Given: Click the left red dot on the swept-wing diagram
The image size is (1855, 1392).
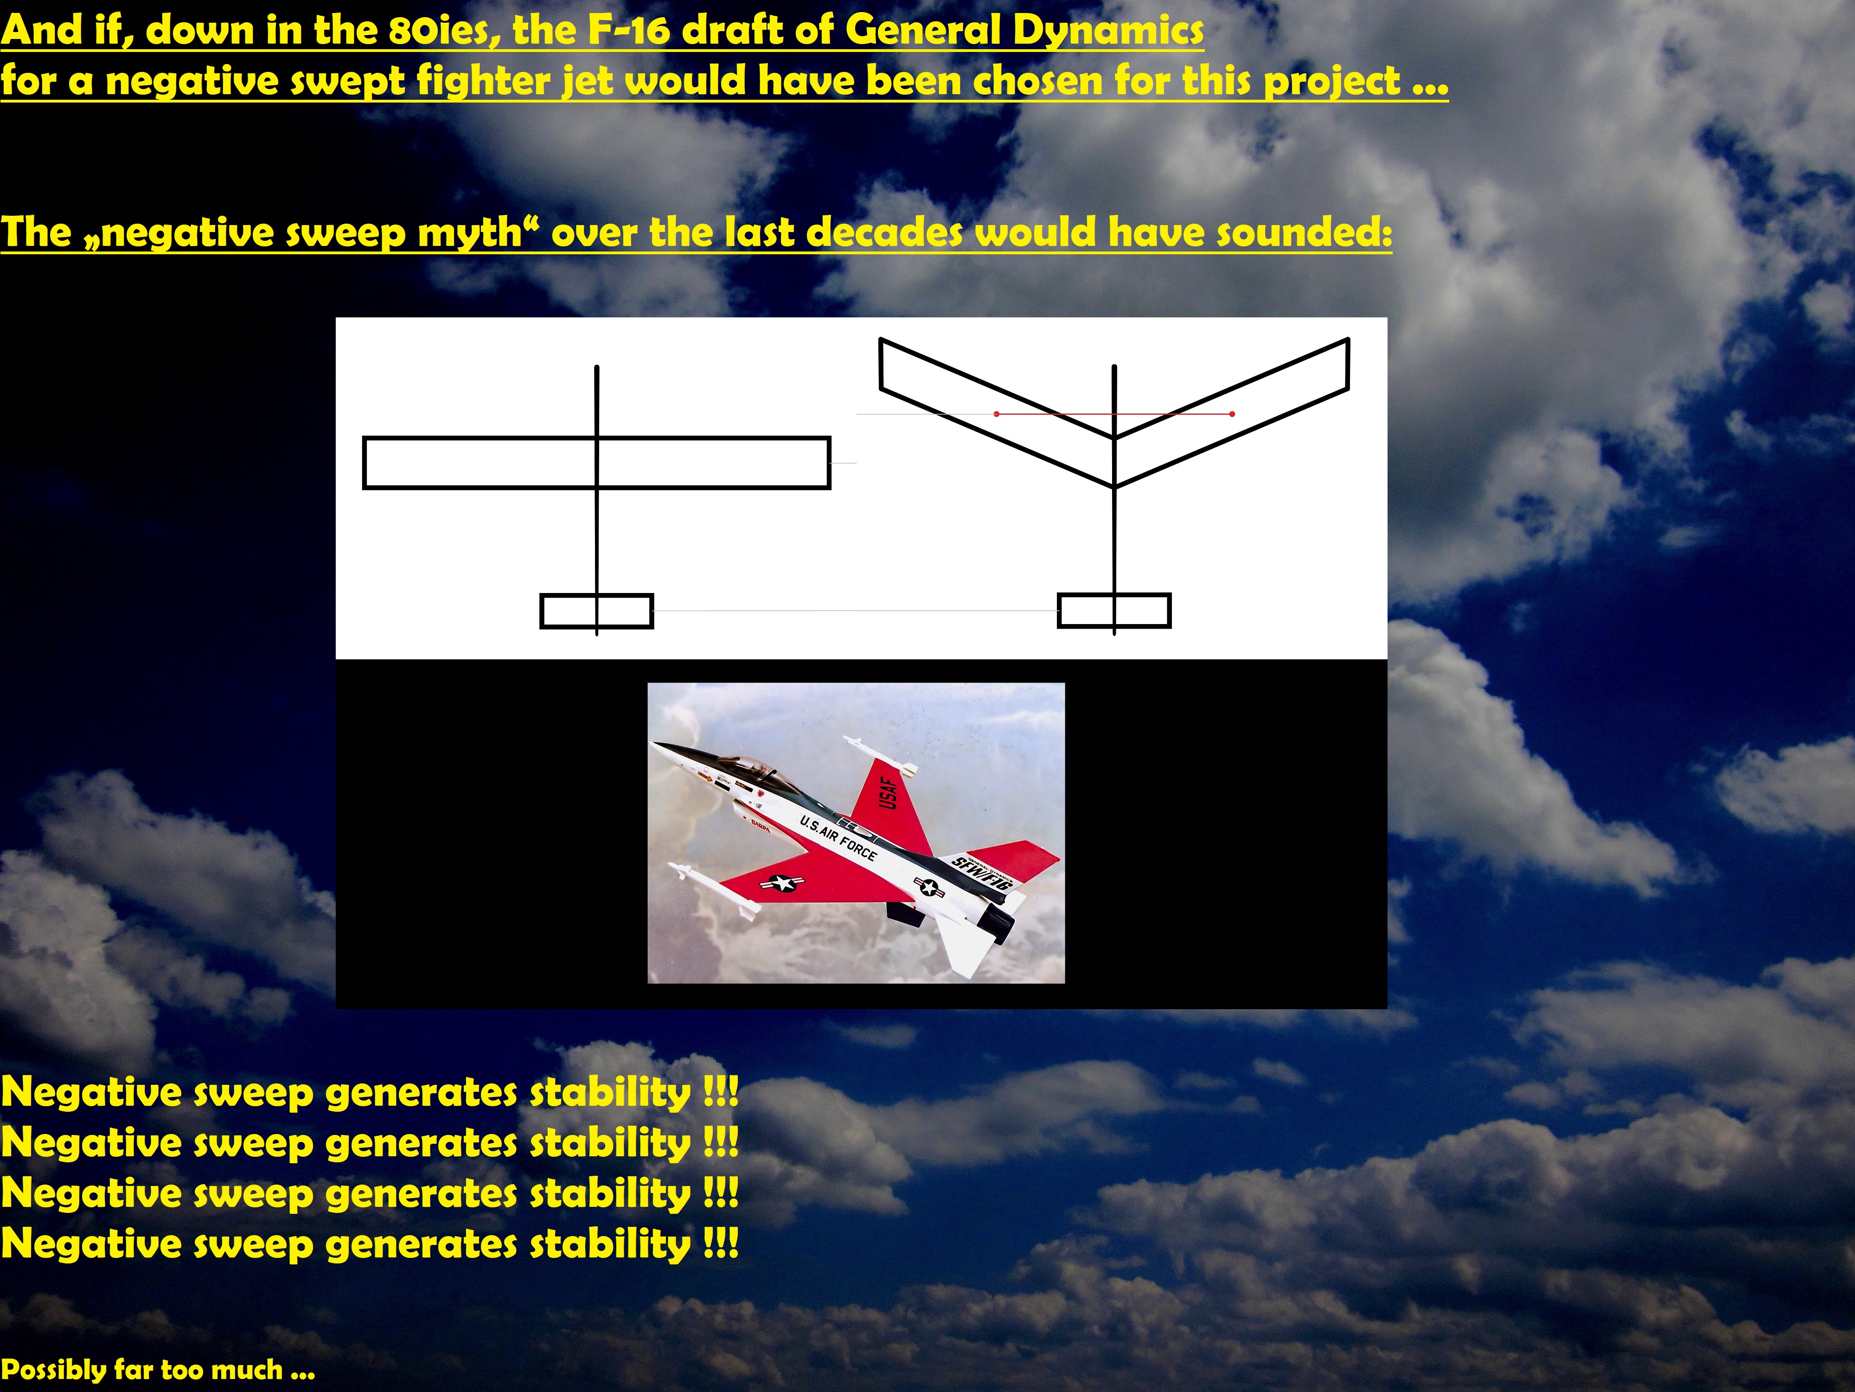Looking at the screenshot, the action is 996,414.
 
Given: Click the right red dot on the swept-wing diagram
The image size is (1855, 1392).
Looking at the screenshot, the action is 1232,414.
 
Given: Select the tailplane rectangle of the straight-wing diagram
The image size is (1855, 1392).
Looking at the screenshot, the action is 596,611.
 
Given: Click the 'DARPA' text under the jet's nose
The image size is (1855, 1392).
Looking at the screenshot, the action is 760,825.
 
